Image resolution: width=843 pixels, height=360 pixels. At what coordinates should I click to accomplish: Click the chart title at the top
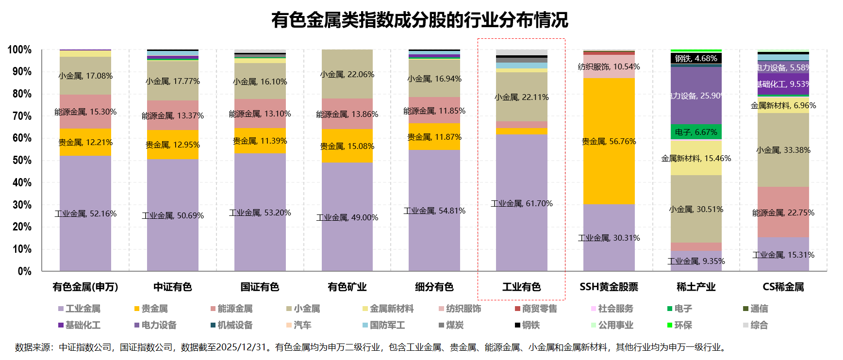(419, 20)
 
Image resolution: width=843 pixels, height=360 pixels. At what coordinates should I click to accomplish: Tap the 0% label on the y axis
(25, 271)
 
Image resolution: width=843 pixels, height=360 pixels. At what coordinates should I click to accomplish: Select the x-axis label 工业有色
(521, 287)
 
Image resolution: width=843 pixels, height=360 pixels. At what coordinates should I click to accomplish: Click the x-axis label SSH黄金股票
(609, 287)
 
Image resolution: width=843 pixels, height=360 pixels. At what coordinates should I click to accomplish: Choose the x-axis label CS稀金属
(783, 287)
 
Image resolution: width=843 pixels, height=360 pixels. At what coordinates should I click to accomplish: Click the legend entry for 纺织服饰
(463, 309)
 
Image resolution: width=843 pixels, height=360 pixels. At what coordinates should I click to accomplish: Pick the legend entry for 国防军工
(387, 325)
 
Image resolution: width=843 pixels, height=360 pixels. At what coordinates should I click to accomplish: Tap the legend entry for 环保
(683, 325)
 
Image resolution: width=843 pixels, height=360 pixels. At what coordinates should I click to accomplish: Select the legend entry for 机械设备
(235, 325)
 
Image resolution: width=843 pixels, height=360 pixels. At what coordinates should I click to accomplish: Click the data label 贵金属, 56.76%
(609, 142)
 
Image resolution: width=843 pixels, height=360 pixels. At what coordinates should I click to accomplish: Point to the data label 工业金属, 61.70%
(521, 204)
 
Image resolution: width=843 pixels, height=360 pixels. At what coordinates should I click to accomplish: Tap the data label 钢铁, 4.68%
(696, 59)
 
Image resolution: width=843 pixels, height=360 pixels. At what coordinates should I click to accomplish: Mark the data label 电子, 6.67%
(696, 132)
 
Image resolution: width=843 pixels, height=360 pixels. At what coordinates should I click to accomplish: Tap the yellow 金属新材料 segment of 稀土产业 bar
(696, 167)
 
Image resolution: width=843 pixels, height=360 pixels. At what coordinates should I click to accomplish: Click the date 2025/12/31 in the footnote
(242, 347)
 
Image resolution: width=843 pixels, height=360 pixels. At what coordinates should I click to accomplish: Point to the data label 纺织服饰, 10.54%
(609, 67)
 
